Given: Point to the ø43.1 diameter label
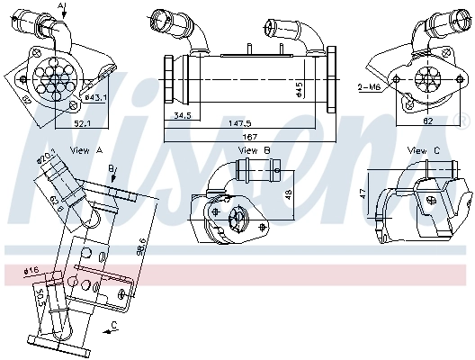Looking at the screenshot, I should point(96,96).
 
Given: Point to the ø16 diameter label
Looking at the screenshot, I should point(30,269).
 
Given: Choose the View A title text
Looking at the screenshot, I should point(85,150).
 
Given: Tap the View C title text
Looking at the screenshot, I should point(423,150).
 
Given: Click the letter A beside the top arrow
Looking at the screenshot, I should point(61,6).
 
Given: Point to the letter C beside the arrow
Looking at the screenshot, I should point(114,325).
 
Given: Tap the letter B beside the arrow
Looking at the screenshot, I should point(110,168).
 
